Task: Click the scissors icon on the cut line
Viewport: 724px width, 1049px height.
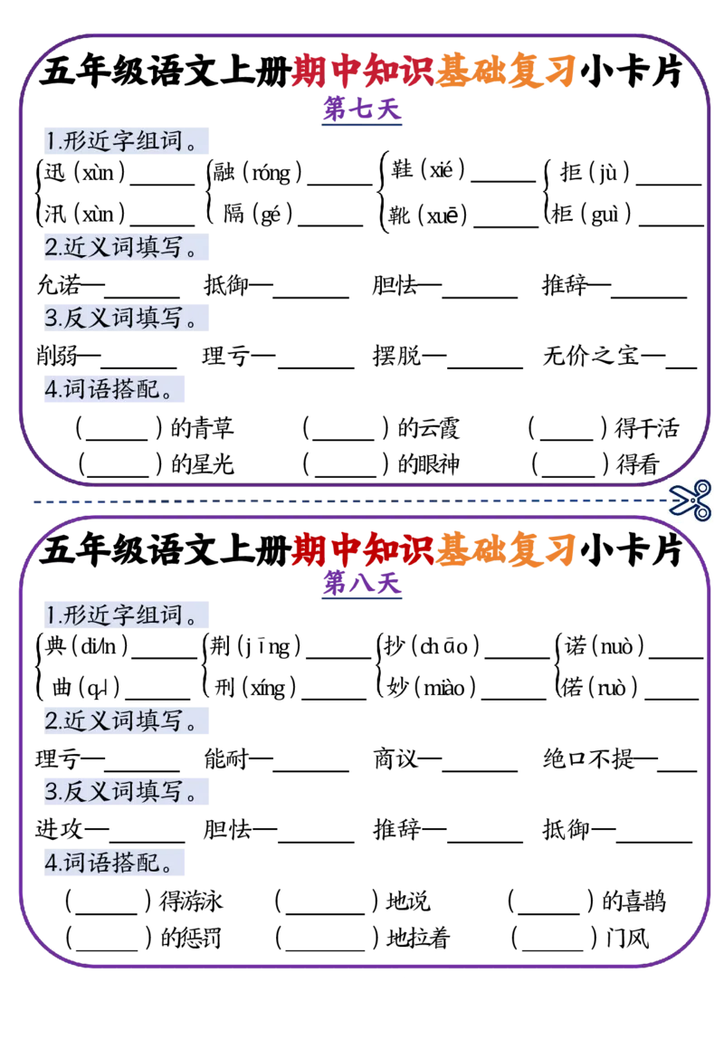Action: [x=691, y=500]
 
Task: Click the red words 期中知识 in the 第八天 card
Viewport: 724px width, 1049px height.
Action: [x=362, y=548]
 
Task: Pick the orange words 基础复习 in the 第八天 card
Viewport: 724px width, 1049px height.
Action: [x=505, y=548]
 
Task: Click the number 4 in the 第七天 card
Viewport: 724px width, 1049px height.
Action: [x=51, y=389]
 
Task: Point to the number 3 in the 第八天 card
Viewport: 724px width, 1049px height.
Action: [x=51, y=793]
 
